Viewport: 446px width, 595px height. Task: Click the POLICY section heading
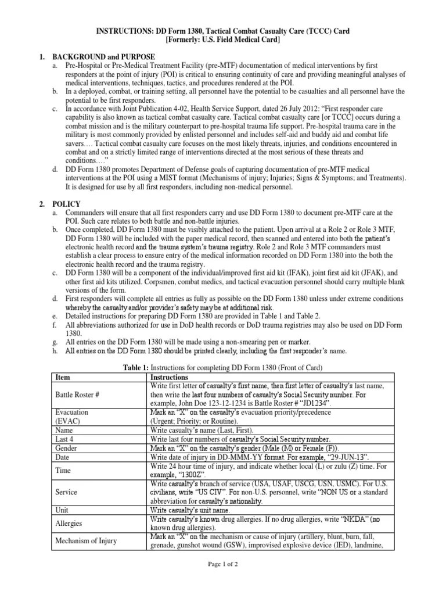[x=68, y=204]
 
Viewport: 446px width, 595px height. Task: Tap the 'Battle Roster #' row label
[x=77, y=394]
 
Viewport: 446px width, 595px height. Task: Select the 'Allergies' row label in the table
[x=69, y=523]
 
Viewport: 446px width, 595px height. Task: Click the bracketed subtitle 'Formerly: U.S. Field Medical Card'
[x=222, y=40]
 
